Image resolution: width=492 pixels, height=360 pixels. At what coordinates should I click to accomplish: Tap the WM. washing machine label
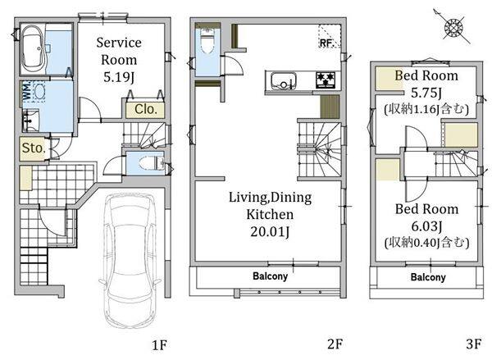(x=26, y=91)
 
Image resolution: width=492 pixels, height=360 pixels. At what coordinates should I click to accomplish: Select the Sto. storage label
(x=34, y=148)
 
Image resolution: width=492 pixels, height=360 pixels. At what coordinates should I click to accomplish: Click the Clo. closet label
(x=145, y=109)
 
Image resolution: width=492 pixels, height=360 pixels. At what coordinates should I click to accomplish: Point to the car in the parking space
(x=127, y=261)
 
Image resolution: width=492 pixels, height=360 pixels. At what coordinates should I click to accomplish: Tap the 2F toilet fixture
(x=207, y=42)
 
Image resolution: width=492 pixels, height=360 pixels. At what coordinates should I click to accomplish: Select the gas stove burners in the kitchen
(x=325, y=80)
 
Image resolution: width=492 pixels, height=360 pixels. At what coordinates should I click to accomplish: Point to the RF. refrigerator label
(x=326, y=43)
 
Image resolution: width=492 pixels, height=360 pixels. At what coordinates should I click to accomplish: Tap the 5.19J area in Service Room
(x=119, y=77)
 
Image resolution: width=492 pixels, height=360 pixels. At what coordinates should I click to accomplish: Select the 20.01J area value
(x=270, y=231)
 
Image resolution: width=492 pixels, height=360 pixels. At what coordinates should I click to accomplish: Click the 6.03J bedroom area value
(x=426, y=226)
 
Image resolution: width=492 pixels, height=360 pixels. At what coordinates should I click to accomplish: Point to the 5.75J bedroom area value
(x=426, y=93)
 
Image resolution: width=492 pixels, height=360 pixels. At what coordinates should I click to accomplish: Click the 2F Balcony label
(x=270, y=276)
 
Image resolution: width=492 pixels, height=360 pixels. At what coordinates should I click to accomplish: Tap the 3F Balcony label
(x=428, y=277)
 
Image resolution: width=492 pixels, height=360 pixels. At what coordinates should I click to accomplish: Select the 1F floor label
(x=159, y=345)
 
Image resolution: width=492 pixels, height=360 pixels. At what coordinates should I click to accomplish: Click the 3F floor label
(x=473, y=344)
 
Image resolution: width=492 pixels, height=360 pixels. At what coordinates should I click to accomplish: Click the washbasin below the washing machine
(x=30, y=121)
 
